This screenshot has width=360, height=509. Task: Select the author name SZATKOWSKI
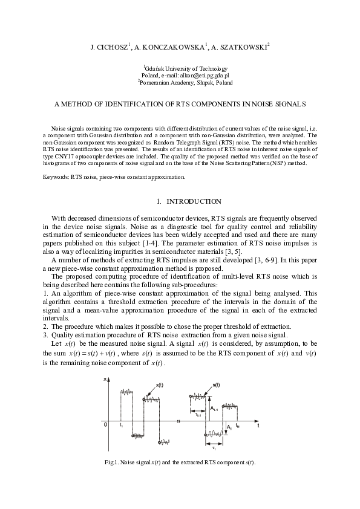(x=243, y=45)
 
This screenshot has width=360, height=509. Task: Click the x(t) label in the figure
(x=160, y=384)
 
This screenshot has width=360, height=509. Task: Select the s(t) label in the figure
(x=217, y=384)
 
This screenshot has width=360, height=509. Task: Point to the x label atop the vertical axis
(x=105, y=379)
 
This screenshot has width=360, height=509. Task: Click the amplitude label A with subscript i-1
(x=215, y=409)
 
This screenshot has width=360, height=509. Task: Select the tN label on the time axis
(x=238, y=427)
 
